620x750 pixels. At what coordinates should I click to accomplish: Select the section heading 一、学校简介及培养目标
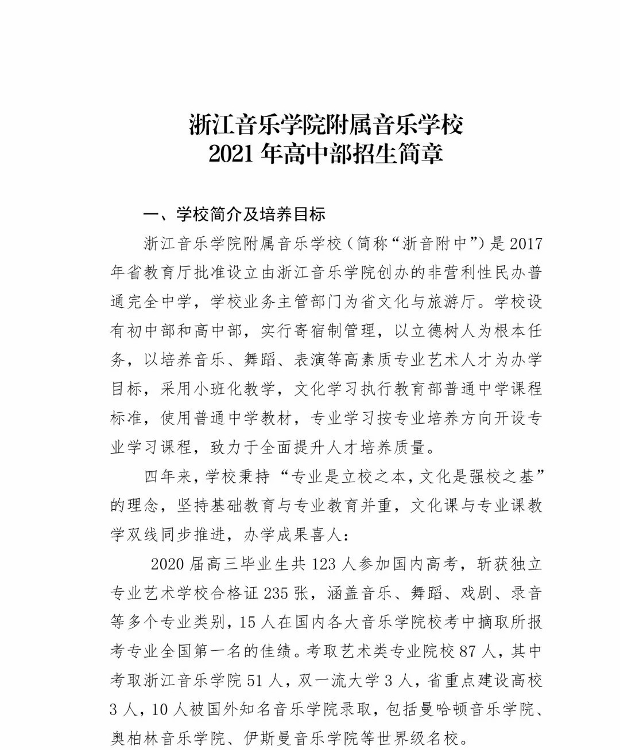coord(234,214)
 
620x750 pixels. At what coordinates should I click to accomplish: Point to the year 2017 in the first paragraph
coord(525,244)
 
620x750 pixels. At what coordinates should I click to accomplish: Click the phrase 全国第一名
coord(238,651)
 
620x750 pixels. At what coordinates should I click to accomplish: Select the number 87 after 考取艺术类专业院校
coord(464,651)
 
